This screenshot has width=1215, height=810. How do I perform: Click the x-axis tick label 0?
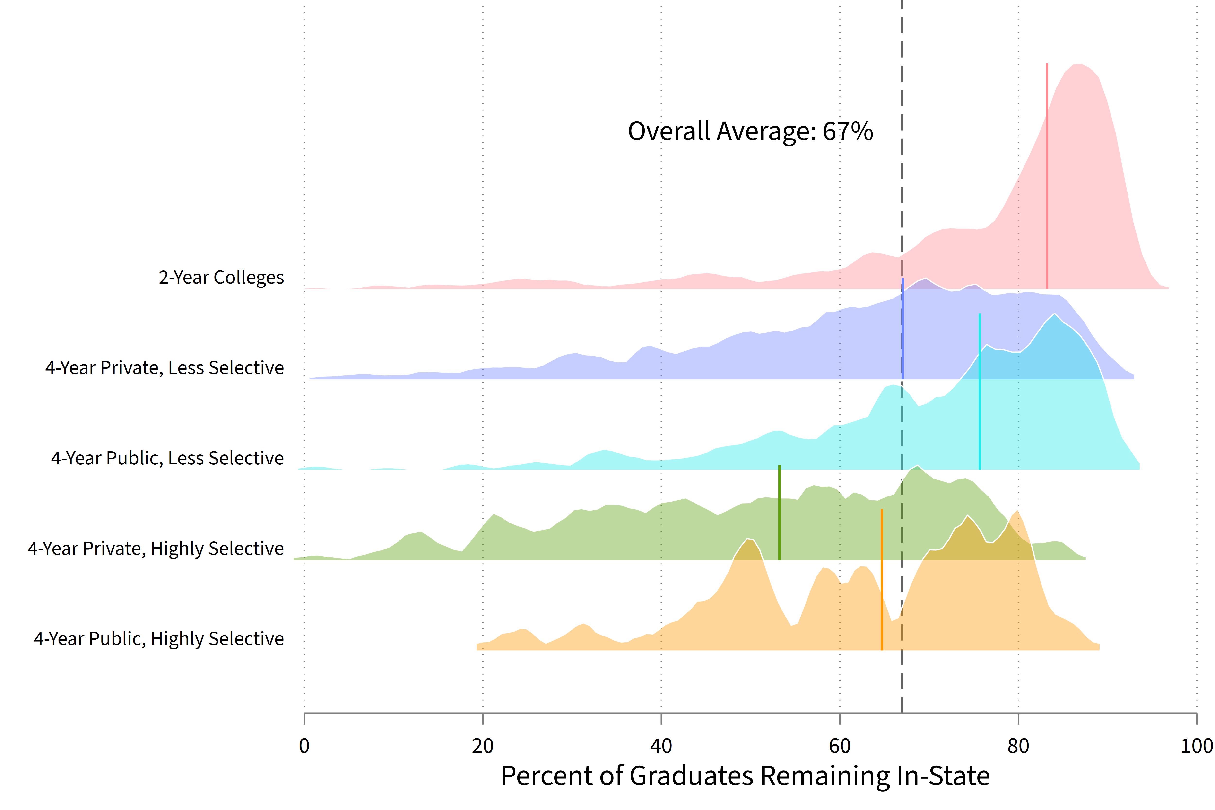click(x=304, y=746)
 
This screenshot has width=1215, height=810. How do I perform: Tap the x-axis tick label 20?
click(x=483, y=746)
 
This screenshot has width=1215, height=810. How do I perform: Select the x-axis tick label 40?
click(x=661, y=746)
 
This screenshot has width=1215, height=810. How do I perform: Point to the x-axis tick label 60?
click(x=840, y=746)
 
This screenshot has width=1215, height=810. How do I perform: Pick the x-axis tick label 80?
click(x=1018, y=746)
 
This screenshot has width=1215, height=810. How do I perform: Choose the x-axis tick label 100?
click(x=1196, y=746)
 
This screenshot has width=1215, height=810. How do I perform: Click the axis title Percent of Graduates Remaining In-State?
click(x=745, y=776)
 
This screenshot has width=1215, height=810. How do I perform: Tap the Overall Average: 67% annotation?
click(x=750, y=131)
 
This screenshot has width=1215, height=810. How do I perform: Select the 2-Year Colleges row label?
click(x=221, y=277)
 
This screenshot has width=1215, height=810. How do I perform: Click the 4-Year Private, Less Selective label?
click(x=164, y=368)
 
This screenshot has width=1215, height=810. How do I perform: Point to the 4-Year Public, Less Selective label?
click(x=167, y=458)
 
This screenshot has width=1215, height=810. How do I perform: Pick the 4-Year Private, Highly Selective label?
click(x=156, y=549)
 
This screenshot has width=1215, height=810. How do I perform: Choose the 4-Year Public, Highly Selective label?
click(x=159, y=639)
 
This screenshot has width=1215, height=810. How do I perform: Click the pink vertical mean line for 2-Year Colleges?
click(x=1047, y=176)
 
